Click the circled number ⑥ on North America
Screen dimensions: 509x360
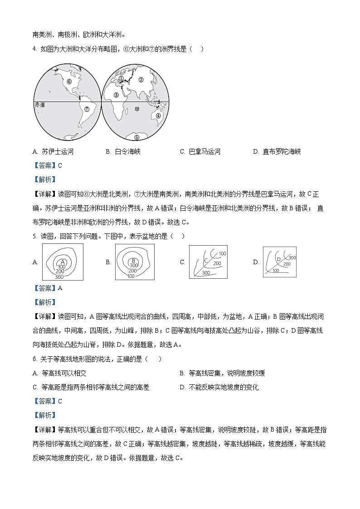click(x=69, y=82)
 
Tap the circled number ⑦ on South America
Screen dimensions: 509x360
click(x=86, y=109)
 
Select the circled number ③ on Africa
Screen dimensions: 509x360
click(x=117, y=95)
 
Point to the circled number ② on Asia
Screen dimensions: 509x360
click(x=141, y=80)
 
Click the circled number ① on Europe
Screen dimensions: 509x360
click(x=121, y=78)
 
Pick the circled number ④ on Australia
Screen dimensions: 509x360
click(x=158, y=115)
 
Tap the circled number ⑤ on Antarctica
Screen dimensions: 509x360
click(x=137, y=137)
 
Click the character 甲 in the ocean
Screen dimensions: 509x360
click(x=136, y=109)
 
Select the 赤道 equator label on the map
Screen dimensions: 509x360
click(x=40, y=105)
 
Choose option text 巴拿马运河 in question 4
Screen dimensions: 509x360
click(x=205, y=152)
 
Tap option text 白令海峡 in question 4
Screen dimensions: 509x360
click(x=128, y=152)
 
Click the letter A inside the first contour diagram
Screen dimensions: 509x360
click(x=63, y=262)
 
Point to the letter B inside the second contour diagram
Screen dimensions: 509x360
click(x=134, y=260)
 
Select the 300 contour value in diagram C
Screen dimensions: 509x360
click(x=206, y=273)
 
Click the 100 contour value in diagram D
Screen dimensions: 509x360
click(x=275, y=271)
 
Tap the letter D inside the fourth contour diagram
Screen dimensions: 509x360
click(x=279, y=259)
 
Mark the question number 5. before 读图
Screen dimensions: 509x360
click(x=34, y=236)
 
